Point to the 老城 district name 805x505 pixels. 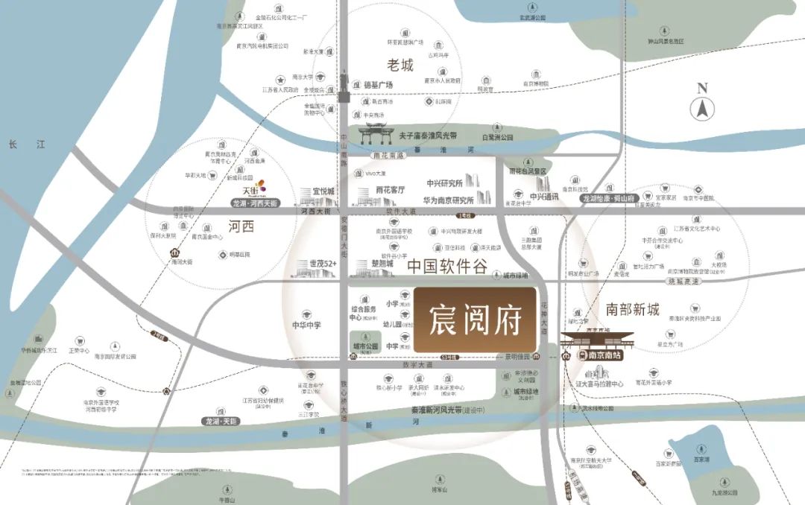point(400,65)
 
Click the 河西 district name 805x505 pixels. point(242,227)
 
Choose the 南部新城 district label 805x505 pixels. point(633,309)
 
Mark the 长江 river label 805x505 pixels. point(17,146)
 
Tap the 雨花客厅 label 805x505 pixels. point(391,190)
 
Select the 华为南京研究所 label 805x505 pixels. point(450,200)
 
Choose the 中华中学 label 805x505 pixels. point(306,325)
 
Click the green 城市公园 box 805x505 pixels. point(366,342)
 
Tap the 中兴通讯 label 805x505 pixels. point(544,197)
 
